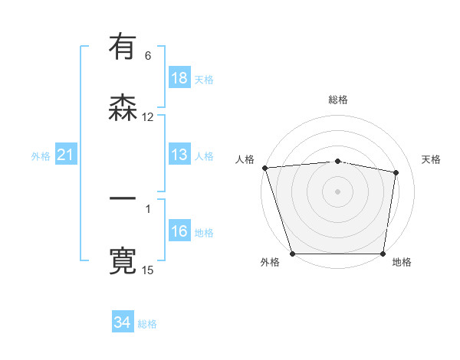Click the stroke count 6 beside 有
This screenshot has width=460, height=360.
[x=148, y=56]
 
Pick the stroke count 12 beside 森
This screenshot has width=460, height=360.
[x=148, y=117]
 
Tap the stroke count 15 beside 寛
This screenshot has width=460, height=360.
[x=148, y=270]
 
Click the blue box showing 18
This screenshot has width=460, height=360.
[x=179, y=78]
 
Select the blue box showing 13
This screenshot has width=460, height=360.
[x=179, y=155]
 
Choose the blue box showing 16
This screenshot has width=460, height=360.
[x=179, y=231]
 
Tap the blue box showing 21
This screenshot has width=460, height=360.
[x=66, y=155]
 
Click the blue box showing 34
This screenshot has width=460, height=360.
[x=123, y=322]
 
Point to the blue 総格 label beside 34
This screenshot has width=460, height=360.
[x=148, y=324]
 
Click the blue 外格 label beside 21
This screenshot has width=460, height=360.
[x=41, y=156]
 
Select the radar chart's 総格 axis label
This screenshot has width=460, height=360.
[x=338, y=100]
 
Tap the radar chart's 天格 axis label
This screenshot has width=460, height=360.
[x=432, y=159]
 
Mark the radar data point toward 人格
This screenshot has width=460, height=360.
[x=264, y=168]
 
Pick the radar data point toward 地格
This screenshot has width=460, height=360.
[x=383, y=254]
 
